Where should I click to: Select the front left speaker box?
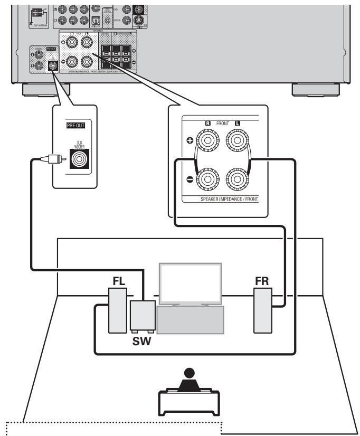(116, 311)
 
